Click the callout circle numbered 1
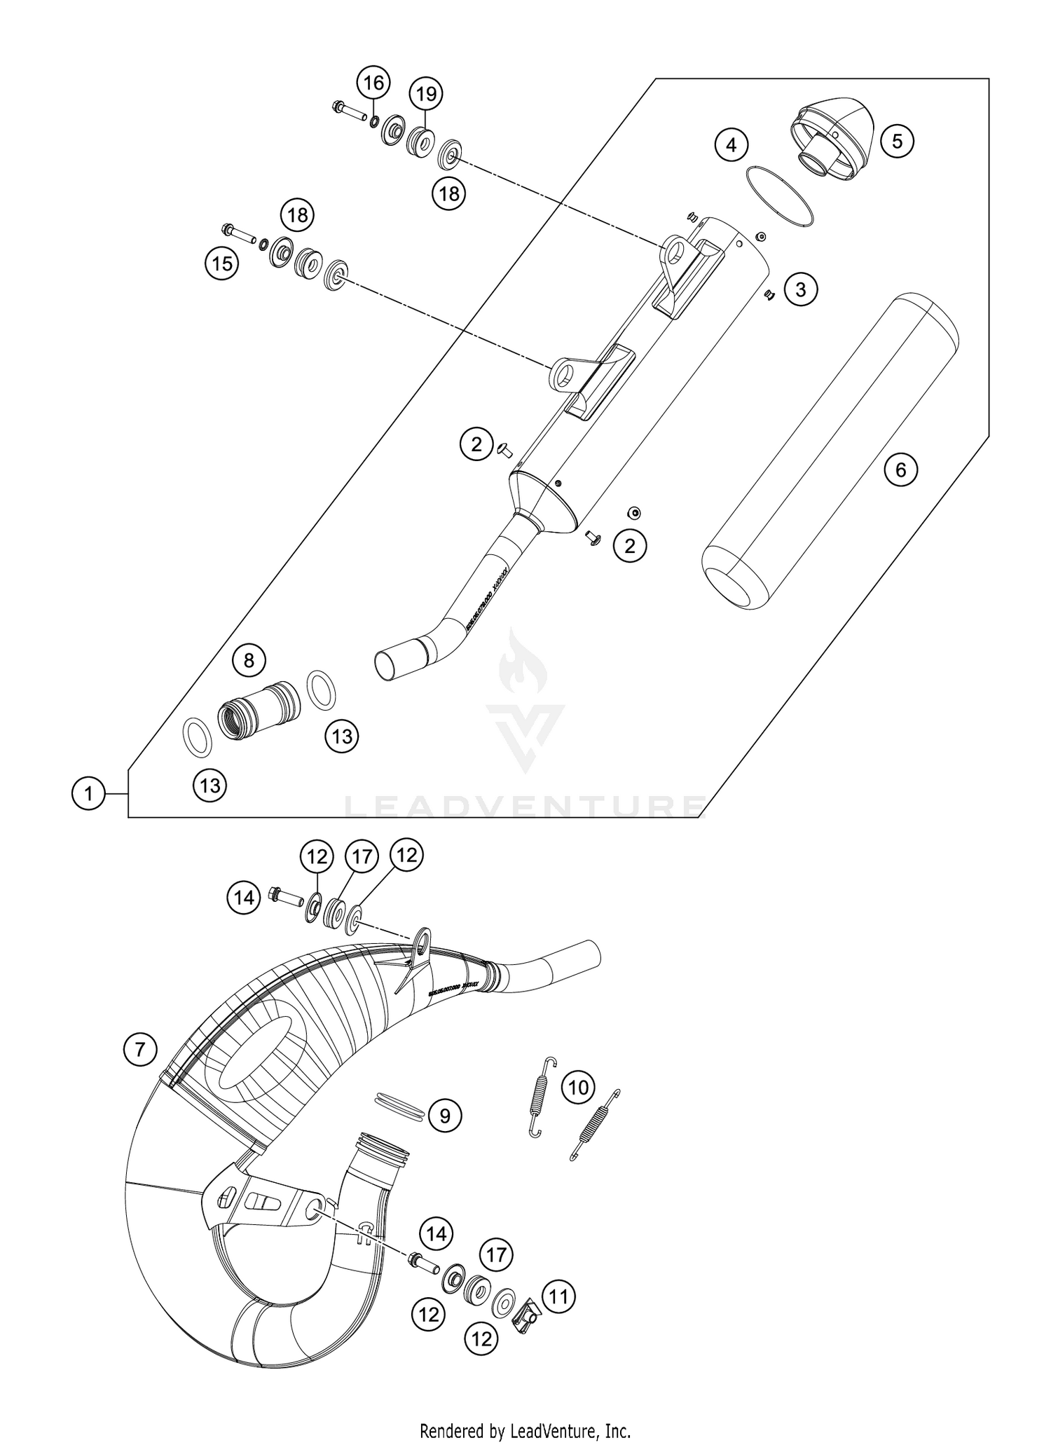[x=88, y=794]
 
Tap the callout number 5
[x=898, y=142]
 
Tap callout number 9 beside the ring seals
[x=445, y=1114]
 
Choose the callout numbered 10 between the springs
[x=578, y=1087]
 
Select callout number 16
[x=373, y=83]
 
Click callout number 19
[x=426, y=93]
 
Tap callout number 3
[x=801, y=289]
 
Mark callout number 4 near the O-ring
[x=731, y=146]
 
